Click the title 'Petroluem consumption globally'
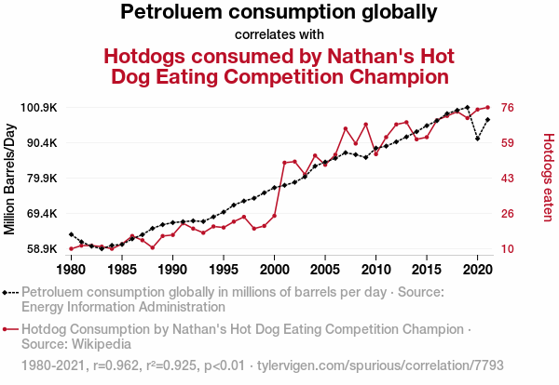pyautogui.click(x=279, y=13)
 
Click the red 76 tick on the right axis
pyautogui.click(x=509, y=108)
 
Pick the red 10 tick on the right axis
pyautogui.click(x=509, y=249)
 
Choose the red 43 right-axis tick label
pyautogui.click(x=509, y=179)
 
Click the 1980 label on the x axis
pyautogui.click(x=71, y=270)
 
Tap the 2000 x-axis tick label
pyautogui.click(x=274, y=270)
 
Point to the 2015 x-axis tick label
pyautogui.click(x=427, y=270)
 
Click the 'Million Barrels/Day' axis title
pyautogui.click(x=11, y=179)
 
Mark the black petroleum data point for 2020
pyautogui.click(x=477, y=139)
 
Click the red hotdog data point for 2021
pyautogui.click(x=487, y=107)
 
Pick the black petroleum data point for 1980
pyautogui.click(x=71, y=234)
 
